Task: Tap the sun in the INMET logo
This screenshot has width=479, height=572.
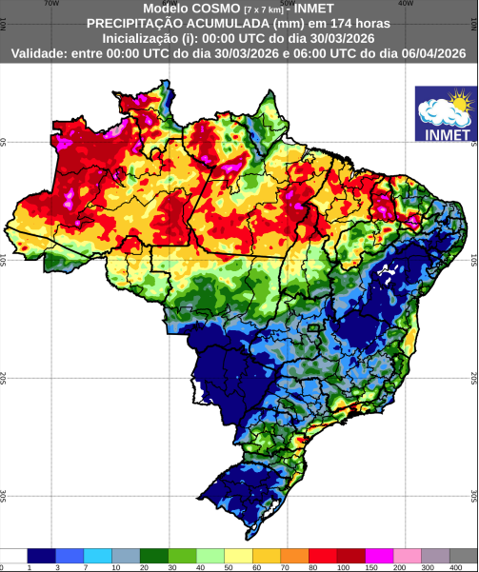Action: pos(460,99)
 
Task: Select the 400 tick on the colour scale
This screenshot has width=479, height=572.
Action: pos(450,566)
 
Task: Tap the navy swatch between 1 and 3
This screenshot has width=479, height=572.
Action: pos(42,555)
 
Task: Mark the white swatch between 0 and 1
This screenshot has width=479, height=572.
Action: pos(13,555)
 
